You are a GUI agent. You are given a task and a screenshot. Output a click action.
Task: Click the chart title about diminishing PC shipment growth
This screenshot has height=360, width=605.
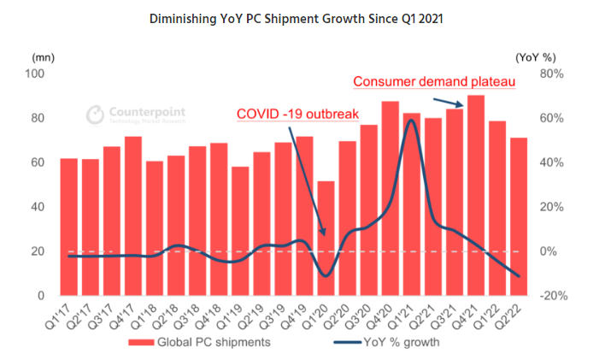[x=302, y=17]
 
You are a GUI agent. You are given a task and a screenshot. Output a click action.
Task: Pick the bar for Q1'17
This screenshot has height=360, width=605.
[x=69, y=227]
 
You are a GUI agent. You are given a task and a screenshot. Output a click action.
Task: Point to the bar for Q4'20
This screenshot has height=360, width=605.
[x=391, y=198]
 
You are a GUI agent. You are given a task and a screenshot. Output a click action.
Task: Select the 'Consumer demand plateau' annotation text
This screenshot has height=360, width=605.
[x=432, y=82]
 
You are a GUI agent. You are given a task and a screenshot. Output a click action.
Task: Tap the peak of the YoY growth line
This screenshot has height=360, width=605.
[x=412, y=121]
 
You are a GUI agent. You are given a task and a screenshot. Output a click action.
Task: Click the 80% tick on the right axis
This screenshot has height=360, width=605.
[x=552, y=74]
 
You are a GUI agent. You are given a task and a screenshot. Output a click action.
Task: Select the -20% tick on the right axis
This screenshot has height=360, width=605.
[x=552, y=296]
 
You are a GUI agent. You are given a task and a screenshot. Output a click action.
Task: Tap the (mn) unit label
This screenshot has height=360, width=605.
[x=43, y=56]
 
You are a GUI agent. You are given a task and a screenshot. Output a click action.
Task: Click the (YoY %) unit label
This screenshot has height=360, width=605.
[x=536, y=56]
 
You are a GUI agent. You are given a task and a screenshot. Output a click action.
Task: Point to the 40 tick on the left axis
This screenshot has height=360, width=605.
[x=39, y=207]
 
